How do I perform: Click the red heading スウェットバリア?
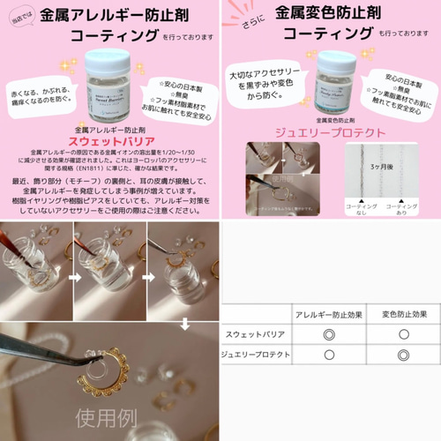coord(109,139)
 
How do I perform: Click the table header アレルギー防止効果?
coord(328,315)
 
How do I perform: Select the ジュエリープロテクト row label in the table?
coord(256,355)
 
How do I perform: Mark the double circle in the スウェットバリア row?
coord(329,334)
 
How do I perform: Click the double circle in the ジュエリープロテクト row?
coord(403,355)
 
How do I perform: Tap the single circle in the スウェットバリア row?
coord(403,334)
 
